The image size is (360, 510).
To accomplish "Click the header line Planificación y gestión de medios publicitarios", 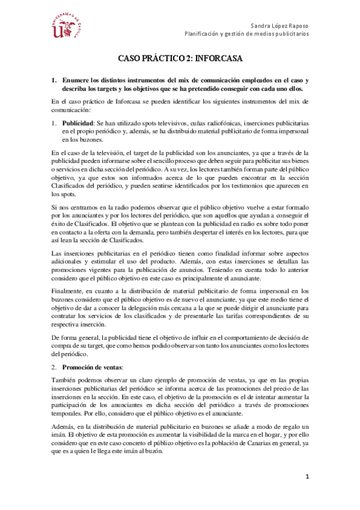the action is pos(246,34).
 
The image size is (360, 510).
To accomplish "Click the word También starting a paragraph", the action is pos(64,381).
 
